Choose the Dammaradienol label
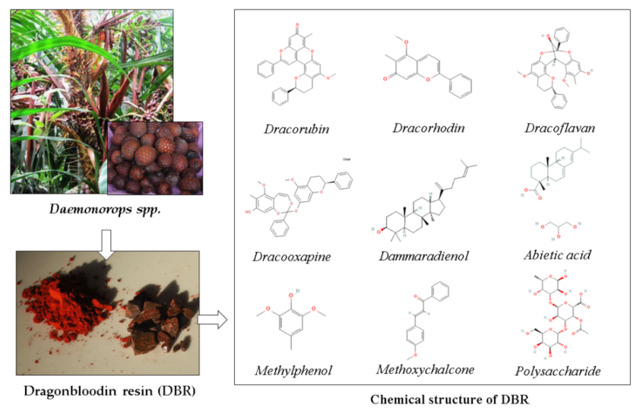[x=423, y=256]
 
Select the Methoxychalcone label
[x=425, y=369]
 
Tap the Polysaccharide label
[x=558, y=371]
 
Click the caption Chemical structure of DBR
[x=436, y=399]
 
